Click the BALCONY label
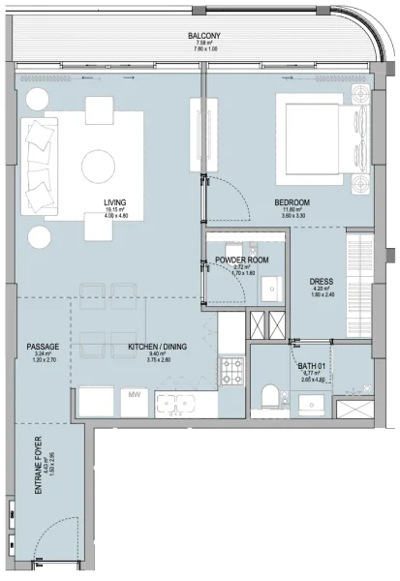coord(202,36)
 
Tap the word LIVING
coord(115,202)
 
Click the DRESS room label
coord(322,282)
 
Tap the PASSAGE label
coord(44,346)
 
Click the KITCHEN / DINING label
coord(157,346)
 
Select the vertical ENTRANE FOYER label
coord(40,469)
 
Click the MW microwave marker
coord(132,396)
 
